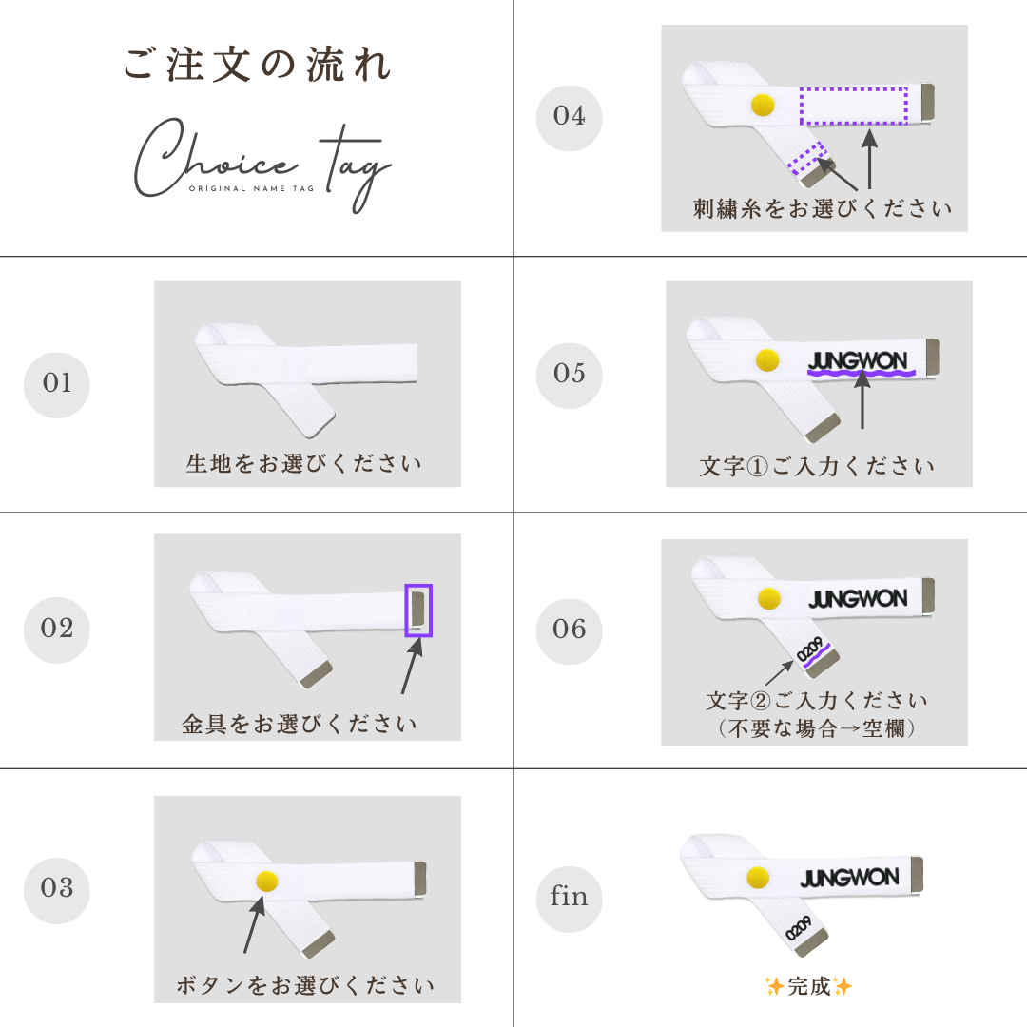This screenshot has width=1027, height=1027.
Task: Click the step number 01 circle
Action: [x=57, y=385]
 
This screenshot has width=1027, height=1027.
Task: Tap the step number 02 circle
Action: [x=57, y=630]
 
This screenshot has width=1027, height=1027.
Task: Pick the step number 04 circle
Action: [x=570, y=118]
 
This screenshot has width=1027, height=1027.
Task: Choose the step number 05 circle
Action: [x=570, y=376]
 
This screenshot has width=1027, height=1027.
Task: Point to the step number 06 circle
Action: [x=570, y=631]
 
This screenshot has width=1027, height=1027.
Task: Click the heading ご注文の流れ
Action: [x=258, y=65]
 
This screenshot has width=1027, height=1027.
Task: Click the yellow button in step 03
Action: [x=266, y=882]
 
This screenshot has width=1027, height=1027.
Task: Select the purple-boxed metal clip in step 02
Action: [x=418, y=610]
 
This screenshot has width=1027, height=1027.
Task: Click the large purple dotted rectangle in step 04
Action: [x=853, y=106]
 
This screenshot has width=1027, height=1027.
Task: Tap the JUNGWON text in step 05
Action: [x=858, y=361]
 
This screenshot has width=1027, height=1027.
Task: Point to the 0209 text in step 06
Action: [x=809, y=649]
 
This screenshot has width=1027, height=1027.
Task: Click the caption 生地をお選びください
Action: [x=303, y=463]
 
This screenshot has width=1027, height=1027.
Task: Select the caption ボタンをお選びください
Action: [x=305, y=984]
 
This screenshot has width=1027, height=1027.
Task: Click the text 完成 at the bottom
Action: [x=809, y=986]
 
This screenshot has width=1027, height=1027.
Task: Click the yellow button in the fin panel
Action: [x=759, y=877]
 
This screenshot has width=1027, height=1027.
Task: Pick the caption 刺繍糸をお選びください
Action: [x=822, y=209]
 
